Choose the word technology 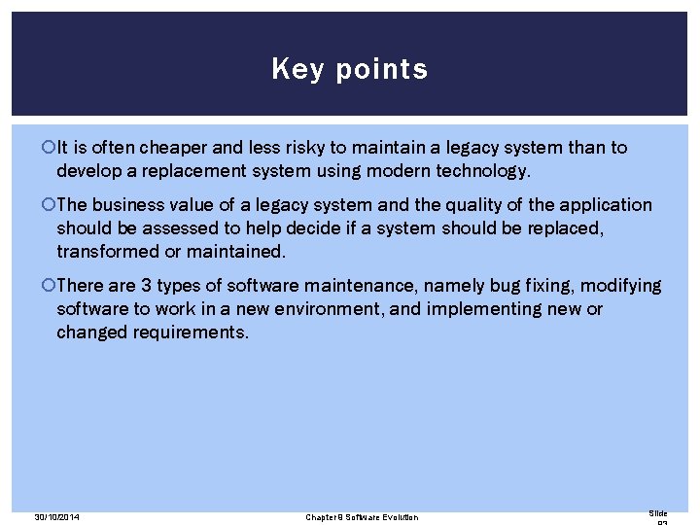[482, 171]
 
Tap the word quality [390, 205]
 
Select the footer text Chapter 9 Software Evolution [362, 517]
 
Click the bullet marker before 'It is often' [50, 149]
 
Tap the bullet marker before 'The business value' [50, 205]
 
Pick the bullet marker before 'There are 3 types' [50, 286]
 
